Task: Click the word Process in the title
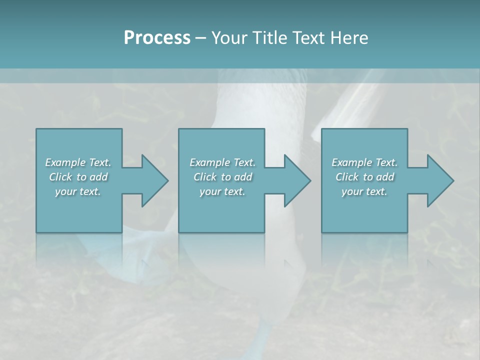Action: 157,38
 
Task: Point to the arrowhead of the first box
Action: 154,180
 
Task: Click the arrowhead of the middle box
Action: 297,180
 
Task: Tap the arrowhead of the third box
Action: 440,180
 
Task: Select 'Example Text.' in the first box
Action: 78,162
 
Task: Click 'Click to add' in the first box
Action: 78,177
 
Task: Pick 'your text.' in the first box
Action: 78,191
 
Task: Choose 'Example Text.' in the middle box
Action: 222,162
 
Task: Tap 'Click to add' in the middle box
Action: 222,177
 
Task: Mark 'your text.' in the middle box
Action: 222,191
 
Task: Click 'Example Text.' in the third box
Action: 364,162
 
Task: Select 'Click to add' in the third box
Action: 365,177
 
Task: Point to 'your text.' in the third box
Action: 364,191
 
